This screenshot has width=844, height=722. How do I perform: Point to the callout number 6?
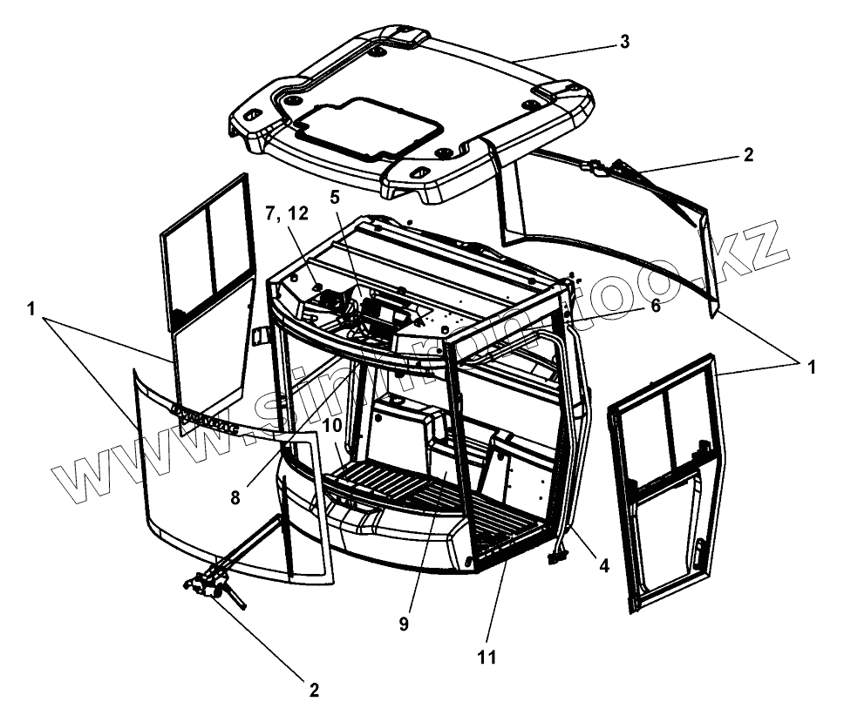coord(656,306)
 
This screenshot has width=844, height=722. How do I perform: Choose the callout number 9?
coord(405,624)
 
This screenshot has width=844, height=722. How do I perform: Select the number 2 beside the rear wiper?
coord(747,156)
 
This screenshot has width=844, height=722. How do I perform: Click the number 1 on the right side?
coord(810,366)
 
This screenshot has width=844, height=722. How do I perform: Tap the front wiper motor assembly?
coord(210,585)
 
